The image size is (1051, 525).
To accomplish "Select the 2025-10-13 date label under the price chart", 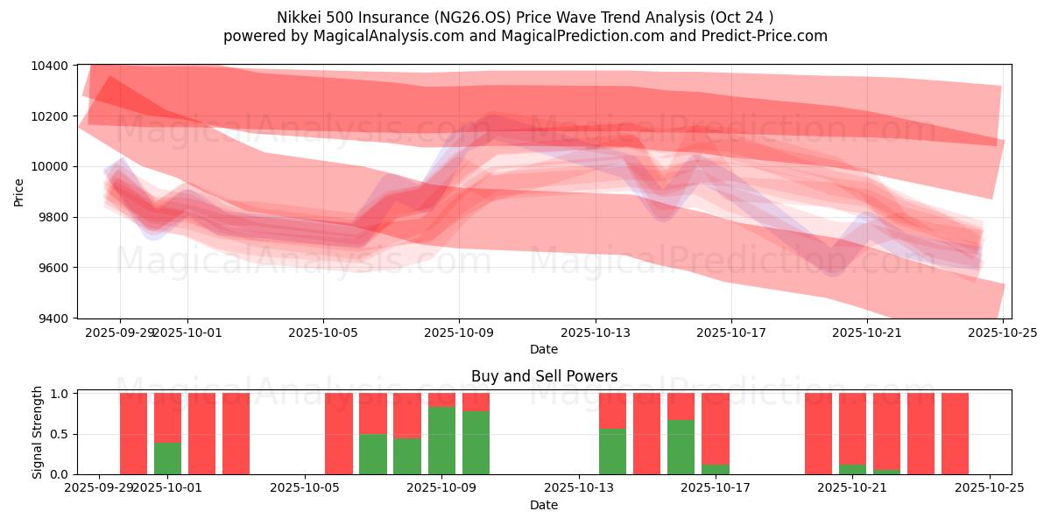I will [x=596, y=332].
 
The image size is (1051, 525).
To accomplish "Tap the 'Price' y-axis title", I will [x=19, y=192].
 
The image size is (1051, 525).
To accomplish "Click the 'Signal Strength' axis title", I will [x=37, y=432].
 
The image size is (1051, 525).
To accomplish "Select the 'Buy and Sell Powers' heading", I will [x=544, y=377].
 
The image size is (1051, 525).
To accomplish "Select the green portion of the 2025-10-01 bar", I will [x=167, y=458].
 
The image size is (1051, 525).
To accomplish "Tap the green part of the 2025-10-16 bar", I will [x=681, y=447].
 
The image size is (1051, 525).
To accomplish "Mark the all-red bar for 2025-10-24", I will [x=955, y=434].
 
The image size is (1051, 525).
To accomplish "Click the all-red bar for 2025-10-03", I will [x=236, y=434].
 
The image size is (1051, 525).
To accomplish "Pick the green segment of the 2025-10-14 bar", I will [x=612, y=451].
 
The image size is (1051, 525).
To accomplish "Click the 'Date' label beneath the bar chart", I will [x=544, y=506].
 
